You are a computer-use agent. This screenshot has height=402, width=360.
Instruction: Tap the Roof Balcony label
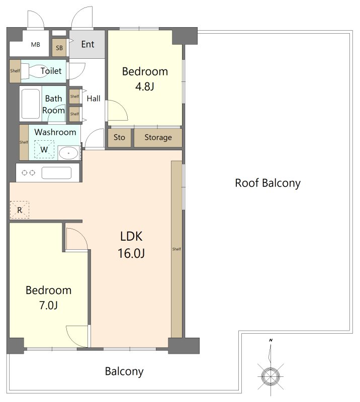267,183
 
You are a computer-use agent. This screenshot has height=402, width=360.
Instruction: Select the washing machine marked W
44,149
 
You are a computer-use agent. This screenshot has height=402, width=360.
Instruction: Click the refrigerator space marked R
20,210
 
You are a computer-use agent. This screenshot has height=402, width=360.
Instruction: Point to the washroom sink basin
68,153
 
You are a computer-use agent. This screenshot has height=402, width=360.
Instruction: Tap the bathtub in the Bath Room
31,104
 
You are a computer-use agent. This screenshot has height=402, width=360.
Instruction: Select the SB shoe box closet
59,48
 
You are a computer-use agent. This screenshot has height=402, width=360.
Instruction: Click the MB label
35,45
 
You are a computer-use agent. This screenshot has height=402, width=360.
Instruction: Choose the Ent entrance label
88,44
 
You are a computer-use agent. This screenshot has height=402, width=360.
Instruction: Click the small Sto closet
119,138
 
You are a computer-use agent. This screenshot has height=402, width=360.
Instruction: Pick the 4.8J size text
145,86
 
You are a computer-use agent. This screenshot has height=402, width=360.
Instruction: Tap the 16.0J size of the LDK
131,253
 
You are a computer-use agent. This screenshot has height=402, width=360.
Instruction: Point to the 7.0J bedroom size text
48,305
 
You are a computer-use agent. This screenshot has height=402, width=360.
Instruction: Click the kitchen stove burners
28,173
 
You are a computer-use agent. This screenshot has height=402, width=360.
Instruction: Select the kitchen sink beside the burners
56,173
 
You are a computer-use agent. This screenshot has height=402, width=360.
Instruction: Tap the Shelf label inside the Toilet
15,71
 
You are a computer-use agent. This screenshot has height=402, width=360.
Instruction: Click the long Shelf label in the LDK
176,249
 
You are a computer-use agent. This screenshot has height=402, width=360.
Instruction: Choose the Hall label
94,98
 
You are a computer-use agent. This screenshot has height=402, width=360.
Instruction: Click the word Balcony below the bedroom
124,371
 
